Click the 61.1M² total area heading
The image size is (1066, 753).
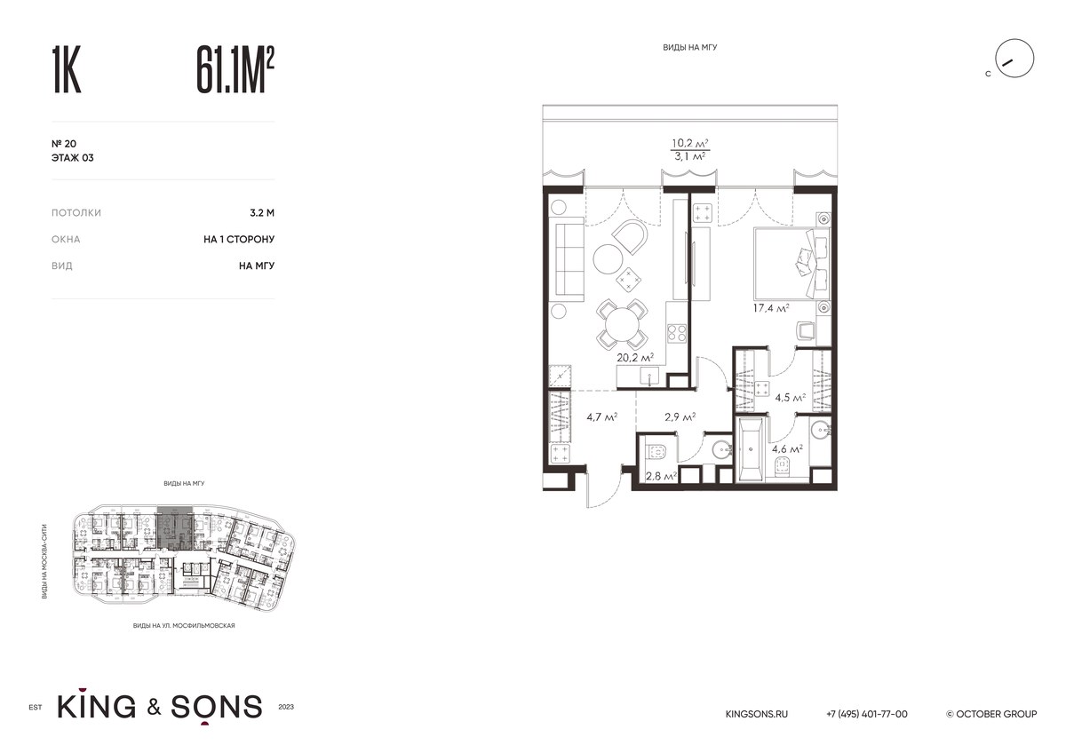[235, 70]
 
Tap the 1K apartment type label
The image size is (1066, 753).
[66, 70]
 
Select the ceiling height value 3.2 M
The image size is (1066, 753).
[262, 212]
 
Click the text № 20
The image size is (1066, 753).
[64, 144]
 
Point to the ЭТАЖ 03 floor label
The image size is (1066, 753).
[72, 158]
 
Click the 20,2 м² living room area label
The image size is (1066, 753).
[635, 357]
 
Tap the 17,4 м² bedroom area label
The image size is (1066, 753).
[771, 308]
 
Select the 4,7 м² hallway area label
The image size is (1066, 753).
[602, 417]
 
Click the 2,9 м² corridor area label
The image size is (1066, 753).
[680, 417]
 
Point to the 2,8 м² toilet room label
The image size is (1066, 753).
[661, 476]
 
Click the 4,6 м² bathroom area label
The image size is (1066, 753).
[787, 448]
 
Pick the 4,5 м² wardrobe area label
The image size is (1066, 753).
[790, 397]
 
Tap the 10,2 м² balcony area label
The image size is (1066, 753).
[690, 143]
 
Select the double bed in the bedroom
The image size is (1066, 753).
[792, 264]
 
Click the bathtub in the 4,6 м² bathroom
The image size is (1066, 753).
[751, 449]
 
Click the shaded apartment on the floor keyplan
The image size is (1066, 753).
[175, 529]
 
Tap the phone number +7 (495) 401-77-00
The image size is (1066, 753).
[867, 714]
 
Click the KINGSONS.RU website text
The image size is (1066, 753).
[756, 714]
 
